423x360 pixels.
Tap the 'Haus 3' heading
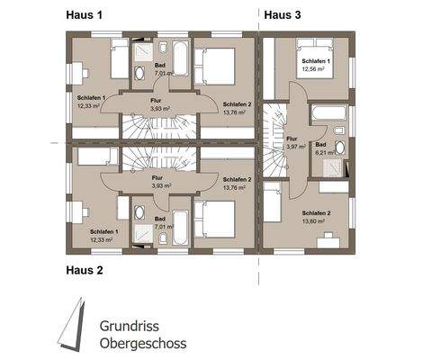[282, 14]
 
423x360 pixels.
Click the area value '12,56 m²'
[316, 69]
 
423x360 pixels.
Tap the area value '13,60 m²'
[316, 220]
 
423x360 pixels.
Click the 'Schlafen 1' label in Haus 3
[316, 60]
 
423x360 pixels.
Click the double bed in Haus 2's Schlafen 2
[215, 217]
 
